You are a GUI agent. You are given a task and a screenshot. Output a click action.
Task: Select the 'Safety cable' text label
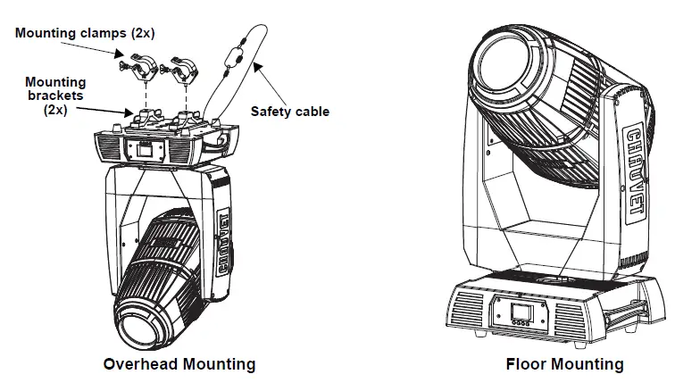tap(289, 112)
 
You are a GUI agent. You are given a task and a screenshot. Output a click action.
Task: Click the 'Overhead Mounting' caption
tap(179, 364)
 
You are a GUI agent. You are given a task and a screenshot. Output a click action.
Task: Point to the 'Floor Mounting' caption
tap(564, 364)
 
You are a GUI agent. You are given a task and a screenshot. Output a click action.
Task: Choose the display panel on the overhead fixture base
tap(144, 149)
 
